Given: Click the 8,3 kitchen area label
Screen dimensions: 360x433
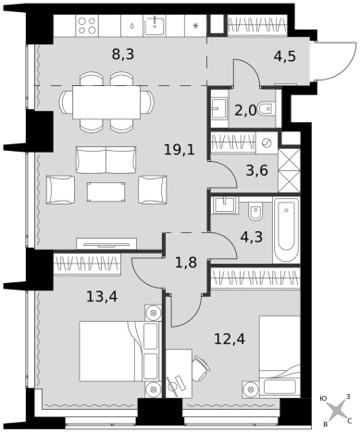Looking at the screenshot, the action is [123, 55].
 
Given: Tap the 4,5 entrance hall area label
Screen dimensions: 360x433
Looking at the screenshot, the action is [285, 56].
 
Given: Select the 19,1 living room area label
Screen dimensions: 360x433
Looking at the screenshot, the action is [180, 150].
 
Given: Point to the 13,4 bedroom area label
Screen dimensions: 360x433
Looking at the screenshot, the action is [102, 297].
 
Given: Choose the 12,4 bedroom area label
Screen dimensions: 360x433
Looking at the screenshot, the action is [230, 340].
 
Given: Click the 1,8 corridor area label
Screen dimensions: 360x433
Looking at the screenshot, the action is [186, 263].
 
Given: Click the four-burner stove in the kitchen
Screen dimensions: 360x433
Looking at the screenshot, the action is [87, 25].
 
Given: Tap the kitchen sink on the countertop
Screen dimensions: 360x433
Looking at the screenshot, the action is [155, 25].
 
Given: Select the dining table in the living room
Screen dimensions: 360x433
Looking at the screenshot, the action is [106, 102].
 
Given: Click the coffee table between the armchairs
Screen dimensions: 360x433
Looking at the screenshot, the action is [106, 192].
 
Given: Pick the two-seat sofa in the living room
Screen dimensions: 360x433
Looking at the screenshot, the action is [106, 160].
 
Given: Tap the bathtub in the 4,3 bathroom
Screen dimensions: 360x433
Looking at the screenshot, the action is [286, 230].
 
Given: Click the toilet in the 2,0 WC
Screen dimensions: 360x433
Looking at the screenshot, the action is [266, 108].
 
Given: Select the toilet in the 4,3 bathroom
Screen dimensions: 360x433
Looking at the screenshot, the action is [255, 211].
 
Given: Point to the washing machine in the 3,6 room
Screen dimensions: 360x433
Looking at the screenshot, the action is [267, 142].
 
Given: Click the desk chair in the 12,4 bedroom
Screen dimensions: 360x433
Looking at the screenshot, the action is [200, 368].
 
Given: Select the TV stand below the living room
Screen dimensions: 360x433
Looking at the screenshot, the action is [106, 243].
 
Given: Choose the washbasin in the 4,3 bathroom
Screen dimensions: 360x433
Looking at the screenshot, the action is [224, 204].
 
